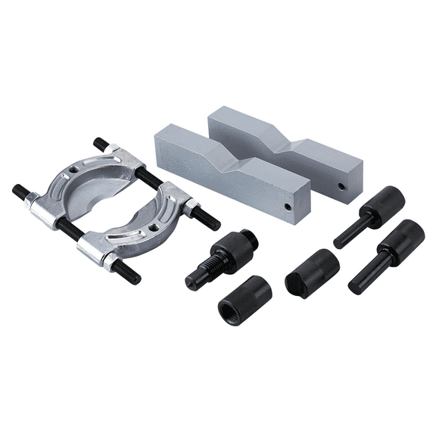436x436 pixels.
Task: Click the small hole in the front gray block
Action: [288, 203]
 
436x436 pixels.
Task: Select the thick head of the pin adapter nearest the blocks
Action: [381, 201]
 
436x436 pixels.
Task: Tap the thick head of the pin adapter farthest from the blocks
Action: [402, 240]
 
